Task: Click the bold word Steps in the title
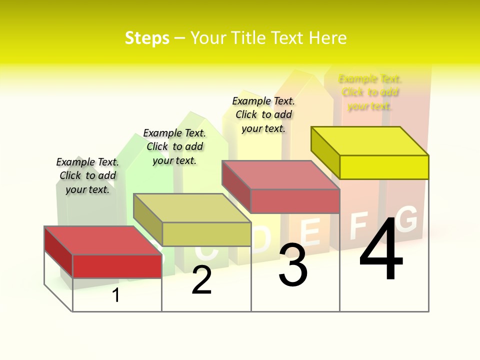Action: [x=147, y=38]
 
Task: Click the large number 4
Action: [x=381, y=250]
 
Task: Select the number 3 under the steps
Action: [x=293, y=265]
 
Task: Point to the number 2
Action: [x=202, y=280]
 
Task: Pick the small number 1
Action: [x=116, y=295]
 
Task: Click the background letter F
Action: [x=359, y=226]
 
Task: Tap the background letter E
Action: [x=311, y=233]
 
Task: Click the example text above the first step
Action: [x=87, y=175]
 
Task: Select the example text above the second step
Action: [x=174, y=146]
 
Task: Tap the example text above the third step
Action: [x=263, y=114]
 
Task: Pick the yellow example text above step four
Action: [x=370, y=92]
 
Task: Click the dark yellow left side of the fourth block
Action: [x=325, y=152]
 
